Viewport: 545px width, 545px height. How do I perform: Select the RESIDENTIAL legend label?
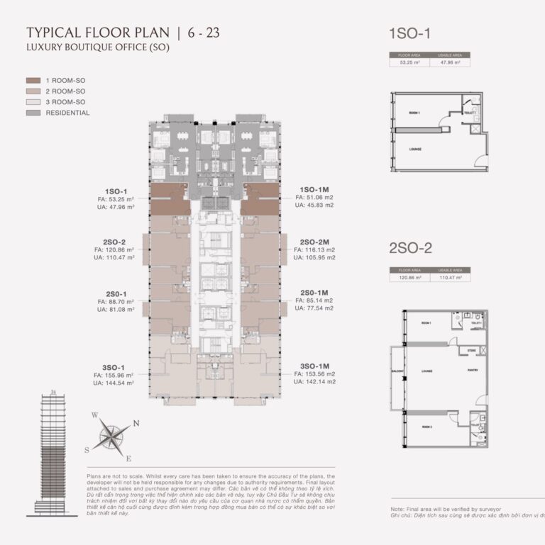pos(68,113)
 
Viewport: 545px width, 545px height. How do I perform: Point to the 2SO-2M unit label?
pos(313,242)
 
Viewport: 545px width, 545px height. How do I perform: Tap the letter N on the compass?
pos(137,424)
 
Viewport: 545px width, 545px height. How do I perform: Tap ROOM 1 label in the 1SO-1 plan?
pos(414,113)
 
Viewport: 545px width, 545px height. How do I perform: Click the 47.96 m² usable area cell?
pos(451,62)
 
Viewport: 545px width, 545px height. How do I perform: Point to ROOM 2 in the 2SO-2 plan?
pos(426,427)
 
